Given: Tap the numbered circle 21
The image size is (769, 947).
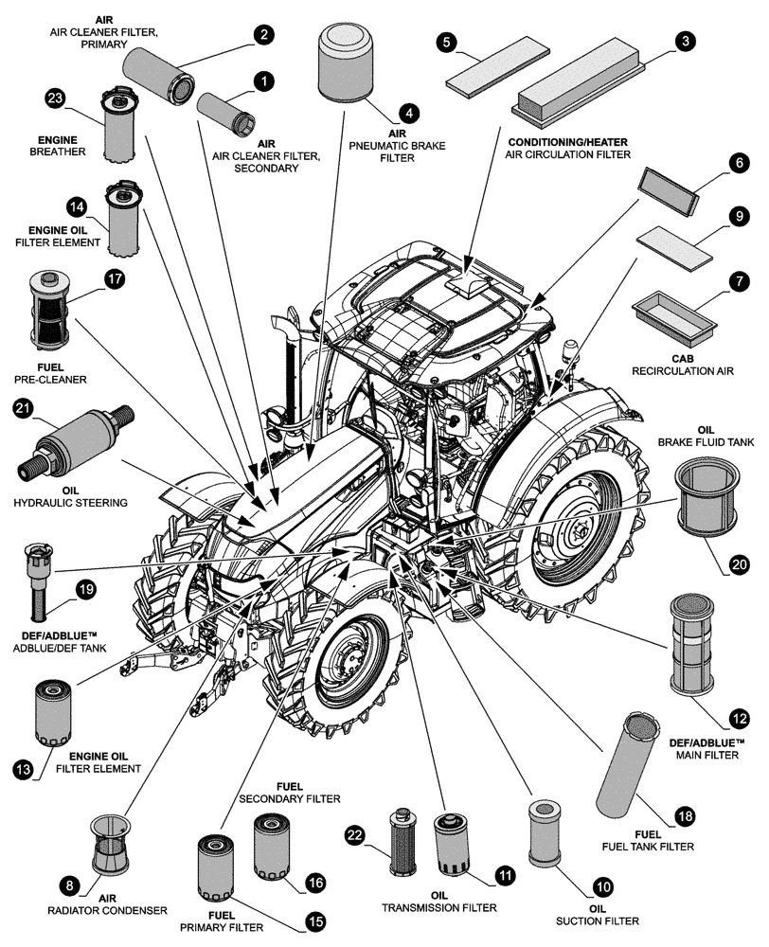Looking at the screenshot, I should (23, 409).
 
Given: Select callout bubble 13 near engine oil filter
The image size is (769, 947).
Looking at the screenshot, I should (23, 769).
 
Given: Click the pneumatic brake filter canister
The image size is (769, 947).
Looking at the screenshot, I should (345, 63).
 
